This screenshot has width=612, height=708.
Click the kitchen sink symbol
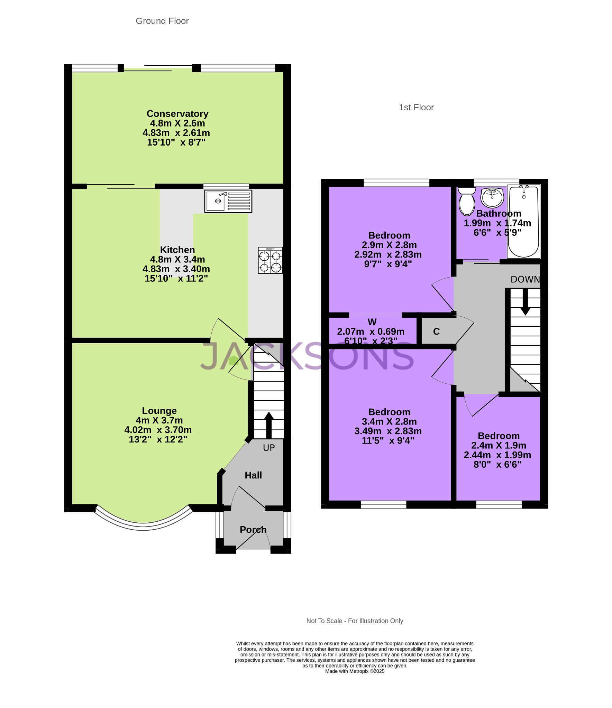228,201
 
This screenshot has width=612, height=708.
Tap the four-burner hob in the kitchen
270,260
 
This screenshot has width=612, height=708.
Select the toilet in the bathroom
467,202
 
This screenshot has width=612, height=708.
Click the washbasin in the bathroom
492,197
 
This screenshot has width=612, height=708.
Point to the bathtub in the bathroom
523,221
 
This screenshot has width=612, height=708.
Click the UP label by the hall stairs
269,448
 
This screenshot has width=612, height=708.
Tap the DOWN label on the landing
525,279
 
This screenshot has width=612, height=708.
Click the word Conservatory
177,114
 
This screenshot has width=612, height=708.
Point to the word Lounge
159,411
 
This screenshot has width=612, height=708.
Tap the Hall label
253,475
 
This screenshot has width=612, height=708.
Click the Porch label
253,530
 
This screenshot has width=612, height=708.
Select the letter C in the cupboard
436,332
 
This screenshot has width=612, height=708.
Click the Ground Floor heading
162,21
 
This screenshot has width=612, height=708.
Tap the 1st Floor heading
416,108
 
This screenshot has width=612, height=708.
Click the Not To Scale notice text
355,621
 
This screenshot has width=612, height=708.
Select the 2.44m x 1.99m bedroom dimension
497,455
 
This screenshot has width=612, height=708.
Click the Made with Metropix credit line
355,671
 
